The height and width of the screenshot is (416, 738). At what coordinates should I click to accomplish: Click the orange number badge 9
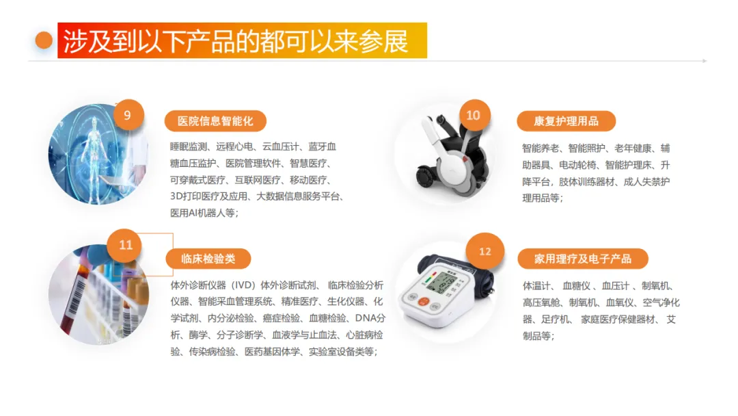127,116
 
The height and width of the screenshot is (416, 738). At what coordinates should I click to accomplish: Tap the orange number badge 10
474,116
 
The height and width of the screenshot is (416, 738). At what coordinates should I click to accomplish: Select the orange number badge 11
125,245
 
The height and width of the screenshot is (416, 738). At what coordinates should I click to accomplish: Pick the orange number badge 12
484,252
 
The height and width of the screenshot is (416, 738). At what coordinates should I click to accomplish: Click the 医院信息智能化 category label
215,121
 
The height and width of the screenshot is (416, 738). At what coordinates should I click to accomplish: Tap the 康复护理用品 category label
566,121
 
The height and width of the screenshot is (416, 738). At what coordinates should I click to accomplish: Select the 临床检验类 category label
208,259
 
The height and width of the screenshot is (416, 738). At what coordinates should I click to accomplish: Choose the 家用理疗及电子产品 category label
583,259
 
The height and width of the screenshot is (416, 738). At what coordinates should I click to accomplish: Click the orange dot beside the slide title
44,40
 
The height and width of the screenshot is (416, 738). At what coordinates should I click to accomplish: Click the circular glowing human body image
98,154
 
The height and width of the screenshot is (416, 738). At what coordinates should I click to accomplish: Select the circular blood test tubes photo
98,294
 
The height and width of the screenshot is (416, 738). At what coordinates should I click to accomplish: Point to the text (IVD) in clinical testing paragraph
243,285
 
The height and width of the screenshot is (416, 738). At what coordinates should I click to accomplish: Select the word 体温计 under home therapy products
536,286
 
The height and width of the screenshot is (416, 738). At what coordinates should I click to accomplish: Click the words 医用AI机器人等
202,213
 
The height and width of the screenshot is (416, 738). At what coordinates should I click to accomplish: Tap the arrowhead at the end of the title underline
705,61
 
